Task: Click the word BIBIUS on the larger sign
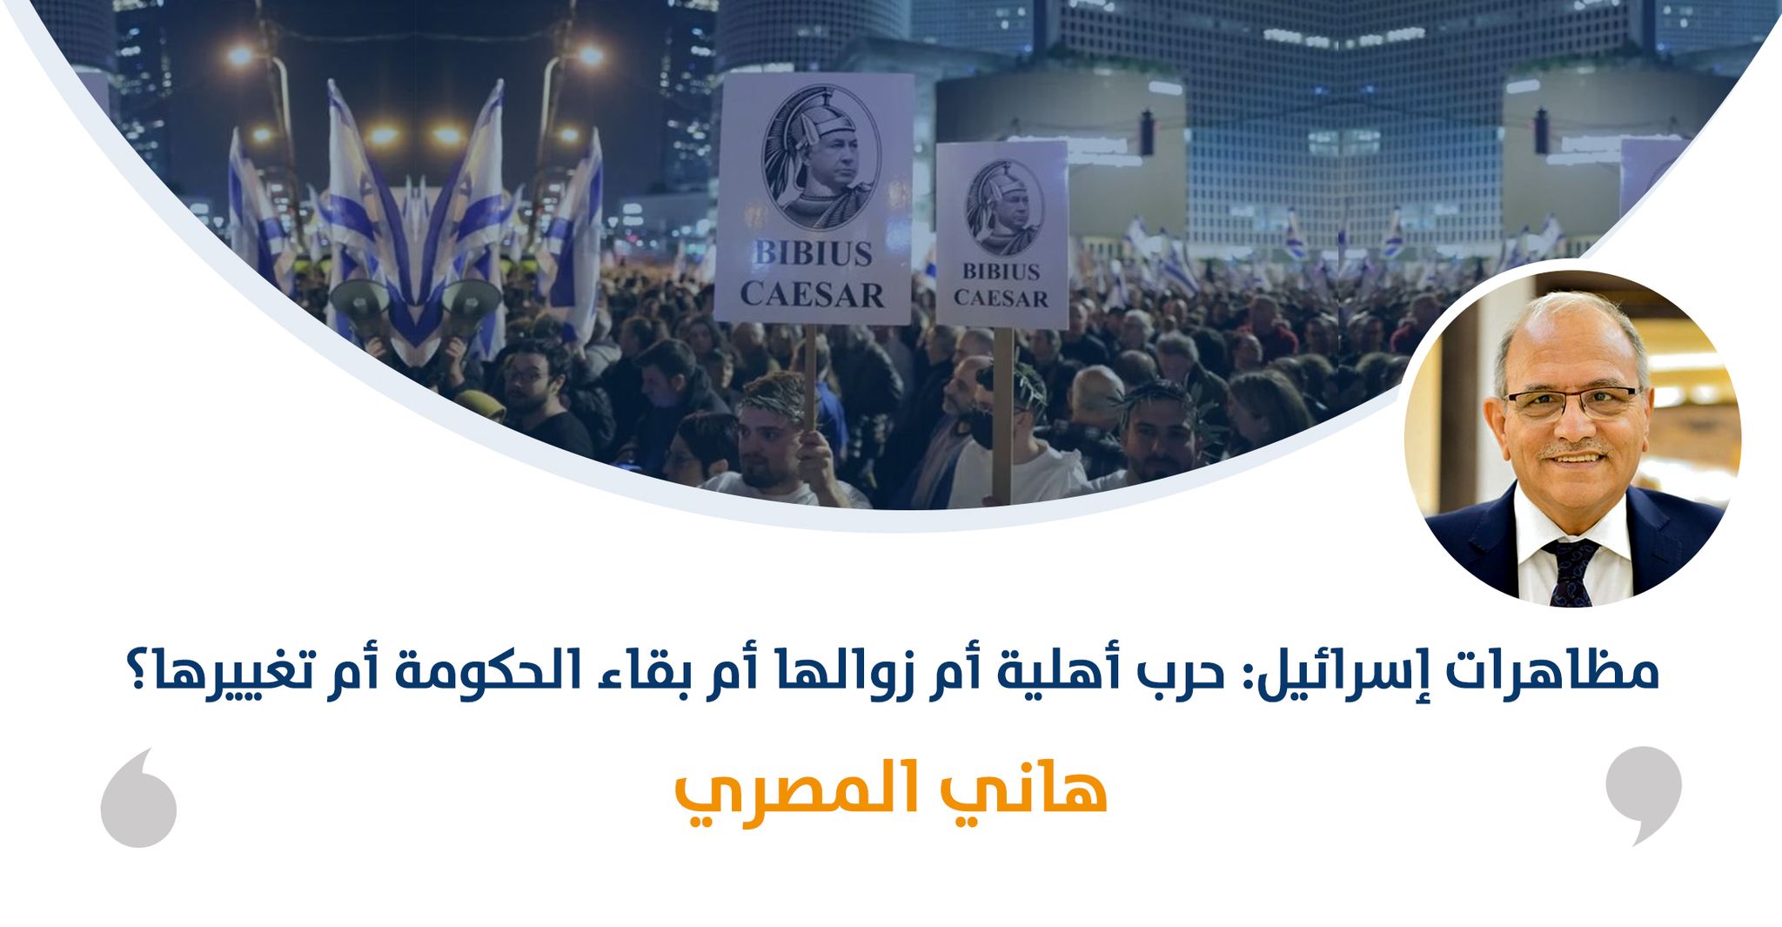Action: coord(813,255)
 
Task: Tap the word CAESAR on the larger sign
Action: coord(813,294)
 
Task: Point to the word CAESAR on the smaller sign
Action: coord(1002,298)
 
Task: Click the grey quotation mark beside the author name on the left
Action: coord(138,797)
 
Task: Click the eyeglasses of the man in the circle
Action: coord(1571,403)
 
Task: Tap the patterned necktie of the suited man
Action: coord(1571,571)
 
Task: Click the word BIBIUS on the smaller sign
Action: coord(1002,271)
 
